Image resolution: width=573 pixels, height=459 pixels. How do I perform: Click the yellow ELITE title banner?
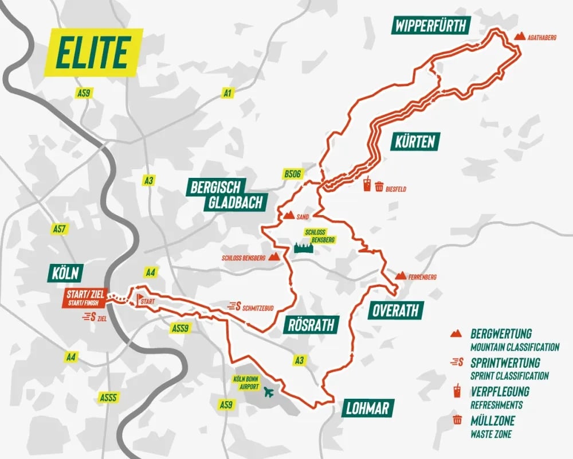point(92,52)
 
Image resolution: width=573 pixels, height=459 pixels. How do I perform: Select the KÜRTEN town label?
point(415,141)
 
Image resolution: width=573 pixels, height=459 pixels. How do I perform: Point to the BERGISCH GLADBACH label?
point(226,194)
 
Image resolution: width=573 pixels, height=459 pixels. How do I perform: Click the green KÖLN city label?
point(66,273)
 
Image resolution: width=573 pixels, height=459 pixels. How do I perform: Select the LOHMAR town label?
point(367,409)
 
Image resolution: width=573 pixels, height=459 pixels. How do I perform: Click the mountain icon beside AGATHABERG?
point(520,36)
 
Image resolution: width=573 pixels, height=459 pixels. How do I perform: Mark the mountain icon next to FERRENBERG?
point(401,276)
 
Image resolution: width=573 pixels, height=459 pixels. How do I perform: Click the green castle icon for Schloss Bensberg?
point(305,248)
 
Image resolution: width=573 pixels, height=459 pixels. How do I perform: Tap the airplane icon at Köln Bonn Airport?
point(268,392)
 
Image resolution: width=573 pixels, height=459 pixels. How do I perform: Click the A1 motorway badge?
point(228,92)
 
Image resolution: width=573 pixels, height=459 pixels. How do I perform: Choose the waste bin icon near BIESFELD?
point(379,186)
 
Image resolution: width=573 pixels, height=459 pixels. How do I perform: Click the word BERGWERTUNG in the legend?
point(501,333)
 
